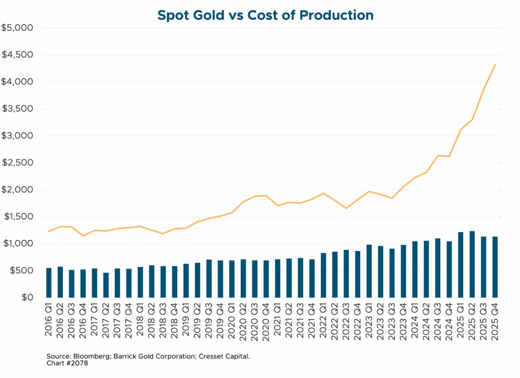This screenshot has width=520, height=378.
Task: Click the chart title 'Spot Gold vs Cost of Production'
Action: (x=265, y=15)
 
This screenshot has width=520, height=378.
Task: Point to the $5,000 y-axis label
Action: (x=18, y=28)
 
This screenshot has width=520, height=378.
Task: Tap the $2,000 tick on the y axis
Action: (x=18, y=190)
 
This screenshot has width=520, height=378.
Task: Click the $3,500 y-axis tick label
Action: (x=18, y=109)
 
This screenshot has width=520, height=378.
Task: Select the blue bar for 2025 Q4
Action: (x=495, y=267)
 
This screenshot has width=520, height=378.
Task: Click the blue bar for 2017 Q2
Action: (x=107, y=285)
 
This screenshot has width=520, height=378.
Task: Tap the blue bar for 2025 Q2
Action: (x=472, y=265)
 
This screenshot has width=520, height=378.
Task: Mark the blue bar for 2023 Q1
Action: (x=369, y=271)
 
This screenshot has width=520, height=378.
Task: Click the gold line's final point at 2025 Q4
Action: (x=495, y=65)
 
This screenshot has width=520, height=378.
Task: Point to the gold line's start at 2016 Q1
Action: (x=49, y=232)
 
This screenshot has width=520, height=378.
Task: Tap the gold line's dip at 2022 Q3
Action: (x=346, y=208)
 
